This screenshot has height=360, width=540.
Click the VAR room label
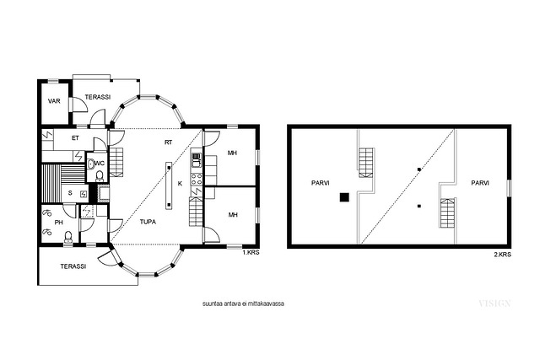[54, 101]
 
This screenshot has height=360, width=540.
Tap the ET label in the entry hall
[75, 138]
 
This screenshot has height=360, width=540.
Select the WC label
[100, 163]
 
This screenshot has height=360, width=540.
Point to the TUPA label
[148, 222]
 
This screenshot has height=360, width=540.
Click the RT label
[168, 142]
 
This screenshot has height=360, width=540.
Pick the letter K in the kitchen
[180, 184]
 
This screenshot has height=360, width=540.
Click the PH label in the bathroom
[59, 223]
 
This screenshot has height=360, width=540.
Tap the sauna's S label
[70, 193]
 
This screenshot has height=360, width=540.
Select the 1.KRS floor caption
[251, 253]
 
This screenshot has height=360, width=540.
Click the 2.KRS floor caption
[503, 255]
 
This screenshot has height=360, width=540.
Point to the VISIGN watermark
[494, 304]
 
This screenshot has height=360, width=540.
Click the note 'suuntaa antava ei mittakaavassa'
[243, 304]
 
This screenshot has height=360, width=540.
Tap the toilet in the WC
[100, 176]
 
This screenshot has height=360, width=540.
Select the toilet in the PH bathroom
[68, 237]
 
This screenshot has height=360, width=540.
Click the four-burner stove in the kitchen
[197, 179]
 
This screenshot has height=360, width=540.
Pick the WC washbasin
[90, 164]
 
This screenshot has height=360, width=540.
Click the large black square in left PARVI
[344, 197]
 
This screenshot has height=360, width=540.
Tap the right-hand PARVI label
[480, 183]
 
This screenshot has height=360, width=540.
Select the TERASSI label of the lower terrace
[73, 266]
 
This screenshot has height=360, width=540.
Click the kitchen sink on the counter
[197, 160]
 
